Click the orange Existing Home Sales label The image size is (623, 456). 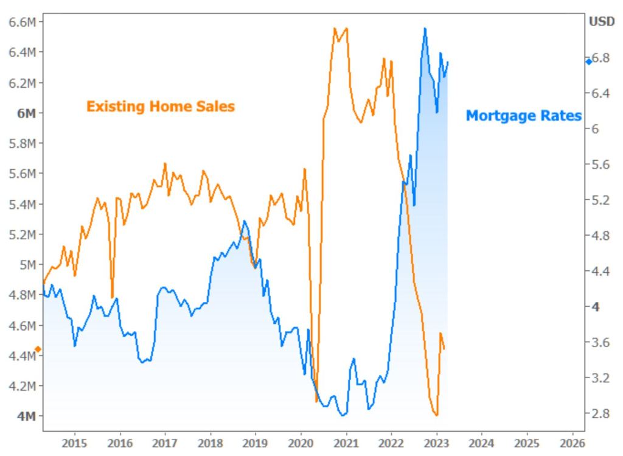point(160,107)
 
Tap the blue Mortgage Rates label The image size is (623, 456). point(523,116)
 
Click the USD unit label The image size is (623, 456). point(602,22)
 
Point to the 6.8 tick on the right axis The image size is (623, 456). point(604,58)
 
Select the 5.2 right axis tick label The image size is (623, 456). point(604,200)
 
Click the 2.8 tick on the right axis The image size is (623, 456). point(604,413)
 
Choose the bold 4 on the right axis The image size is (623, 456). point(599,307)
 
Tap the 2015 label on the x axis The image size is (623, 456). point(75,443)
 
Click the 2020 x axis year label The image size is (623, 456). point(301,443)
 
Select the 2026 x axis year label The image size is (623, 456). point(572,443)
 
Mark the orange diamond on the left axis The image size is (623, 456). point(38,349)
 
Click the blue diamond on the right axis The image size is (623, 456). point(588,61)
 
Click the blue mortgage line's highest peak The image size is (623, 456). point(425,28)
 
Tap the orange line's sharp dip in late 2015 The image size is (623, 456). point(112,297)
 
